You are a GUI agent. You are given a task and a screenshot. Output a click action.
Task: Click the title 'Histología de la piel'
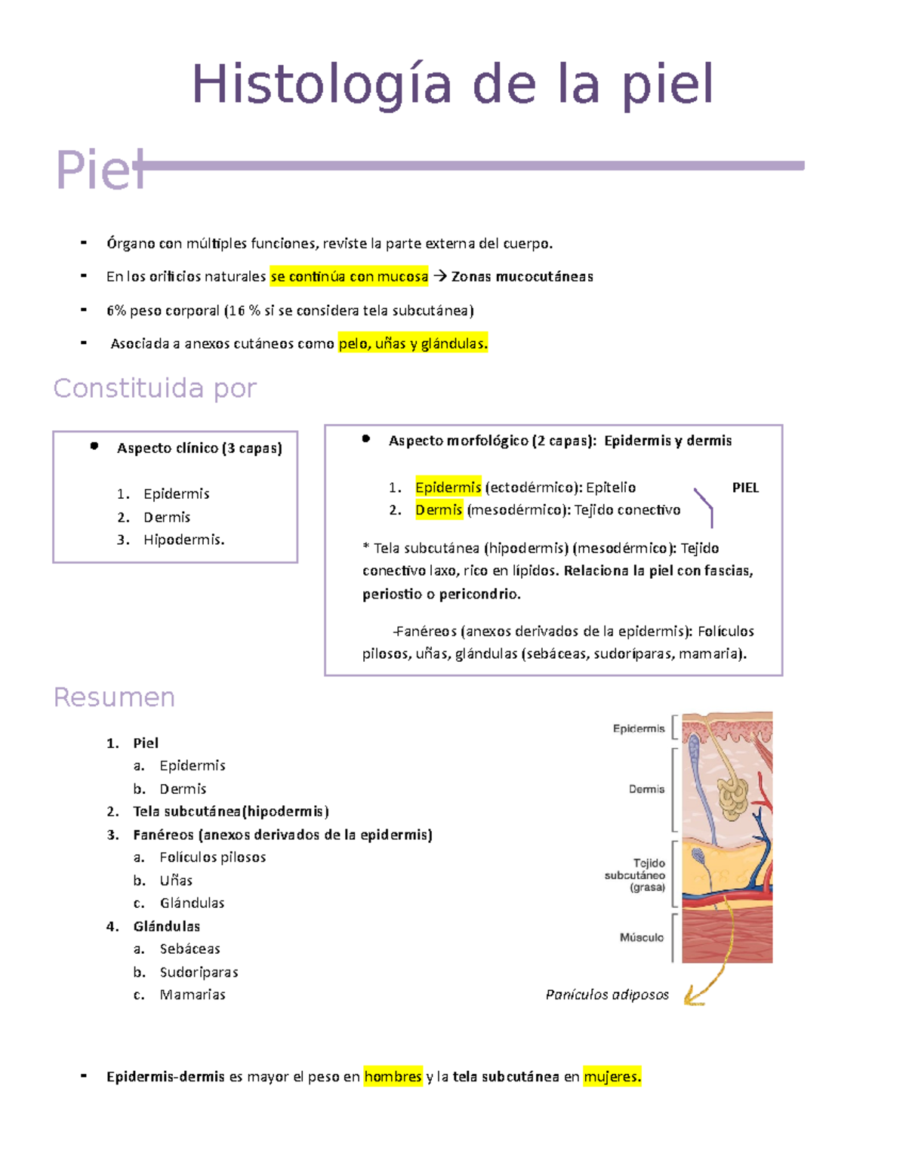[x=452, y=85]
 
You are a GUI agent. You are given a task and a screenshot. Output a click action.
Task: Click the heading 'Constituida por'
[x=155, y=388]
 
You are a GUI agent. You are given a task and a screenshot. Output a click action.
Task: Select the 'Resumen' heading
[x=114, y=697]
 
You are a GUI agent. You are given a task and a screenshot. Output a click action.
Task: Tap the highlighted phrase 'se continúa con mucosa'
[x=349, y=277]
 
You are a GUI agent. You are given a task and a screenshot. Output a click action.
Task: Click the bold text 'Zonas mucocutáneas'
[x=522, y=277]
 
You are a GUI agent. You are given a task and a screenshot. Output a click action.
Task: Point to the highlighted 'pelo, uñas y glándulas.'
[x=413, y=344]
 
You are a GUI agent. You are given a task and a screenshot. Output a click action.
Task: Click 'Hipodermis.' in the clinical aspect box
[x=183, y=540]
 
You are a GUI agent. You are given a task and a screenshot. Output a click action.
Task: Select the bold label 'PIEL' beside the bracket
[x=745, y=488]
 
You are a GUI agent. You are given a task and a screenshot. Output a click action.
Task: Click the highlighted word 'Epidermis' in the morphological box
[x=448, y=488]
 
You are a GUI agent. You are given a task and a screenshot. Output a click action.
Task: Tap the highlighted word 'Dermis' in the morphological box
[x=439, y=510]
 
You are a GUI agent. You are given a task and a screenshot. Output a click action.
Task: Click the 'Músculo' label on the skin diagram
[x=642, y=937]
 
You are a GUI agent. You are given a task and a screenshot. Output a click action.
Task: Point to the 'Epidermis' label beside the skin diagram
[x=639, y=728]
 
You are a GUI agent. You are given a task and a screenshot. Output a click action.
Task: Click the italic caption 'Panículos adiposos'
[x=607, y=995]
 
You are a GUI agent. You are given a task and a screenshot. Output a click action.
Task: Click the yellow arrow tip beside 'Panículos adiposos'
[x=689, y=1001]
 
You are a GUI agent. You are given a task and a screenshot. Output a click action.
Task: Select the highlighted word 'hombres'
[x=393, y=1077]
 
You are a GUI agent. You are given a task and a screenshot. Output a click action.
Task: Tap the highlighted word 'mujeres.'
[x=612, y=1077]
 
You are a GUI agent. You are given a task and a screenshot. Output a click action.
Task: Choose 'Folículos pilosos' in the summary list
[x=213, y=857]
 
